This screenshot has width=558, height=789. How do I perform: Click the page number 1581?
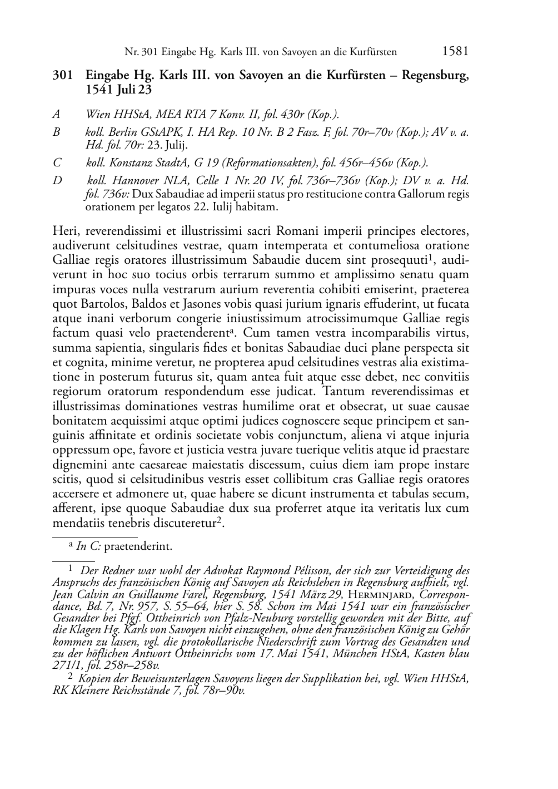tap(455, 52)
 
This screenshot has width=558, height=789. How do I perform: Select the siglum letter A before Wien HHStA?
tap(56, 114)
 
